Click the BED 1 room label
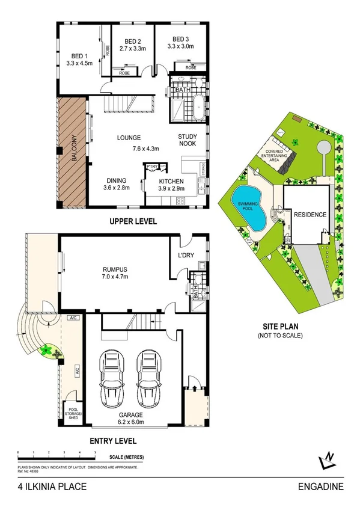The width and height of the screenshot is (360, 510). point(78,52)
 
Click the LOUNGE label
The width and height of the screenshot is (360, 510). point(129,138)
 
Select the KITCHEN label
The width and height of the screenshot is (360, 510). point(171,181)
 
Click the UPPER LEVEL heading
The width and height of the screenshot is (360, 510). point(133,221)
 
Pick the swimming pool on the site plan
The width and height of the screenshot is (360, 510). point(249,206)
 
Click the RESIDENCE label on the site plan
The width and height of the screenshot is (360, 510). point(310,215)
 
